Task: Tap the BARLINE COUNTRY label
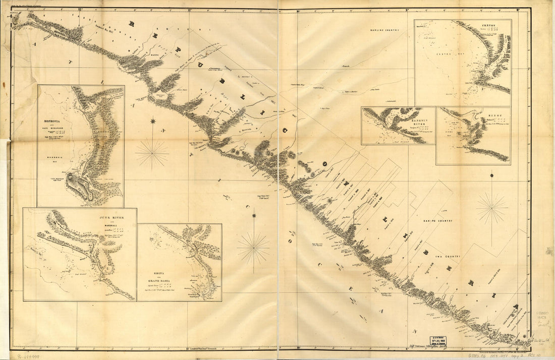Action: [386, 31]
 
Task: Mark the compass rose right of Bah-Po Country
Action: [492, 207]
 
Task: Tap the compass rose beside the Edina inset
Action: [253, 247]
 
